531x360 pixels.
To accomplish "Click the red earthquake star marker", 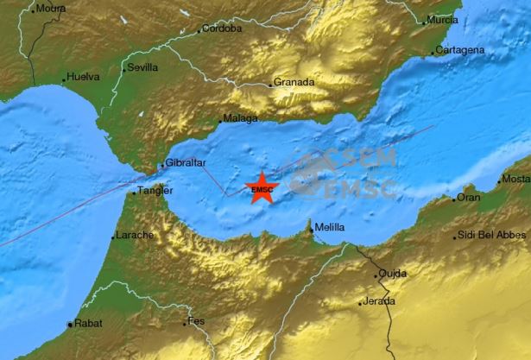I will [x=261, y=188].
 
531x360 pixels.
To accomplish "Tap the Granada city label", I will [x=293, y=83].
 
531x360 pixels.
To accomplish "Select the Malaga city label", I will [x=241, y=118].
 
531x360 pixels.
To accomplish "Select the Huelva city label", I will [x=84, y=77].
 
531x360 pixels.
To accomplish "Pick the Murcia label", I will [x=443, y=19].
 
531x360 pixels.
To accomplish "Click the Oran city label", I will [x=469, y=198].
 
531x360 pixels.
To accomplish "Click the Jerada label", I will [x=379, y=301].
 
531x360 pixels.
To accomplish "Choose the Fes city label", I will [x=198, y=322].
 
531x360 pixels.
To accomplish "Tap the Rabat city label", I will [x=87, y=325].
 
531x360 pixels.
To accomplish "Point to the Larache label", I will [x=134, y=235].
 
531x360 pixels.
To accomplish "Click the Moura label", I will [x=51, y=9].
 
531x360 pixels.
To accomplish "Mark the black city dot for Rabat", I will [x=68, y=325].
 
